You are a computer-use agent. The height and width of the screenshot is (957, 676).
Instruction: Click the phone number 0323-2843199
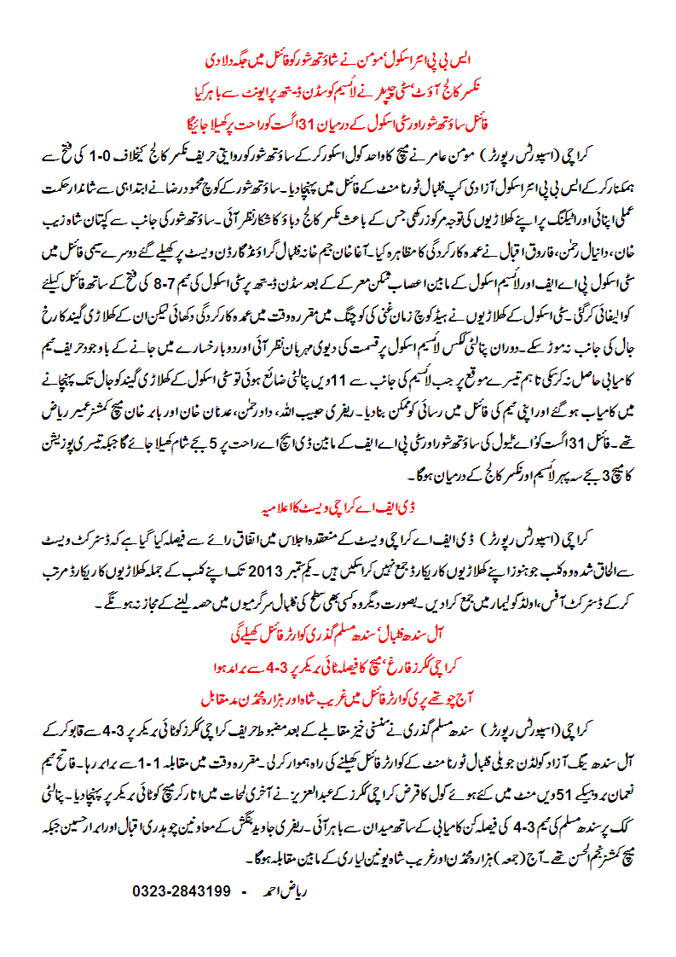click(182, 890)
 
